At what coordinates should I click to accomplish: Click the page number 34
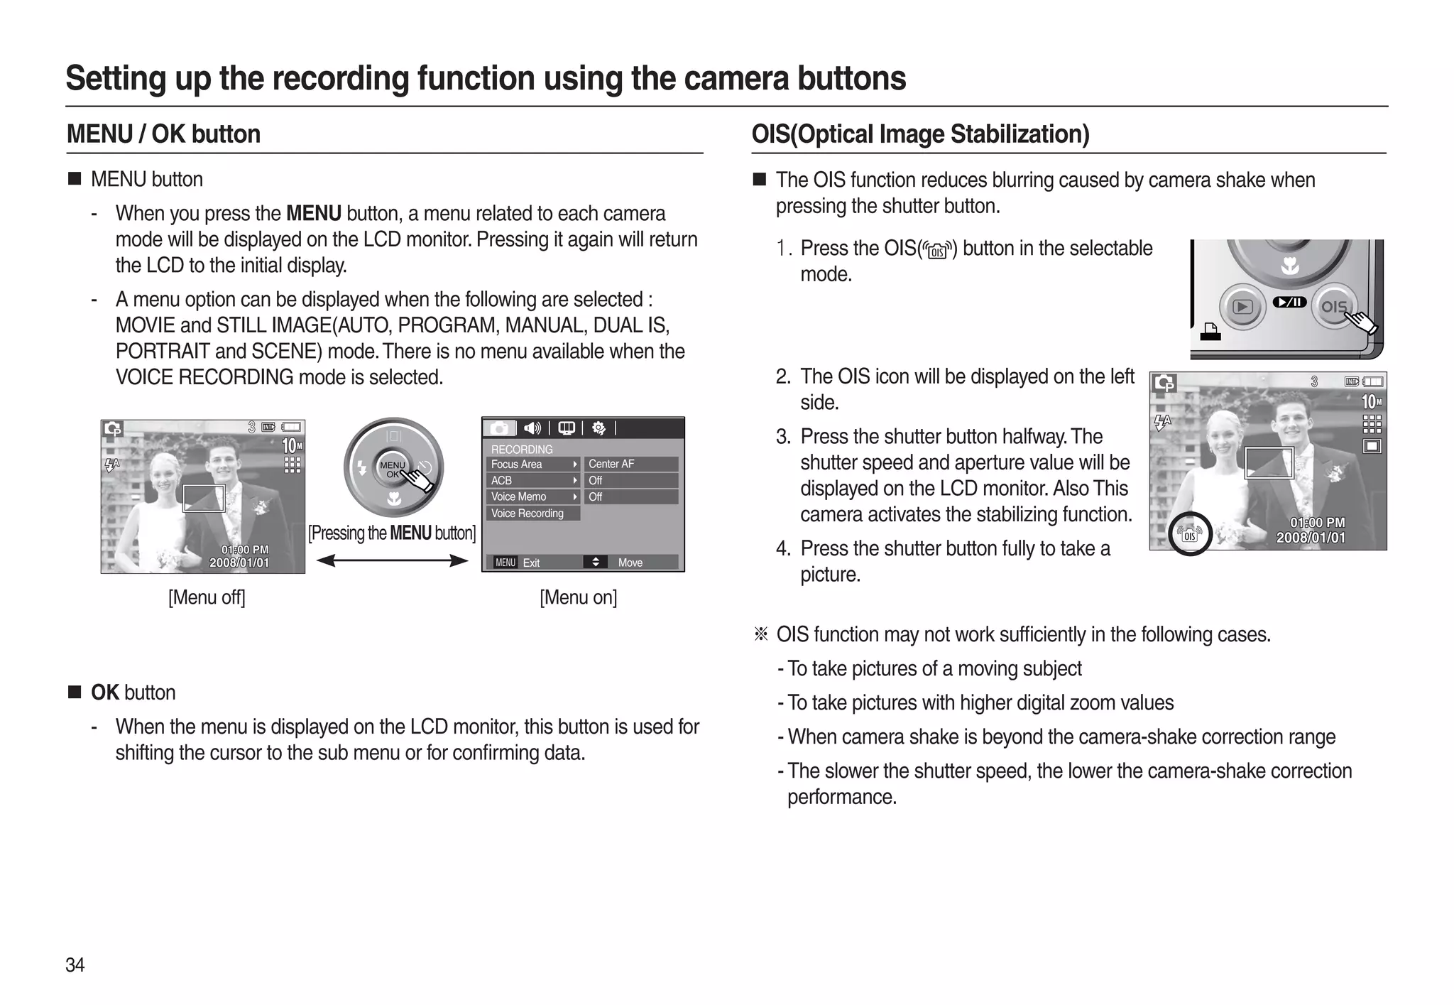[75, 965]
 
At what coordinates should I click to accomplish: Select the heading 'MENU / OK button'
[163, 134]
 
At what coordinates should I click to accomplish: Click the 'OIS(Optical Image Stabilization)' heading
[920, 134]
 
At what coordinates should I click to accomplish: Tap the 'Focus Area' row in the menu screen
[532, 464]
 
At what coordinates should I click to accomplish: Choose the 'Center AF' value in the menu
[630, 464]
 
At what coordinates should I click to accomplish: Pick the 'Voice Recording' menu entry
[532, 513]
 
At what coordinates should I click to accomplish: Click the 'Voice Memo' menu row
[532, 496]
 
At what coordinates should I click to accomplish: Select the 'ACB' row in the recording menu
[532, 480]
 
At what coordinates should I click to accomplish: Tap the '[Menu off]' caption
[207, 597]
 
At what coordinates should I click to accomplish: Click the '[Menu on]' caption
[578, 597]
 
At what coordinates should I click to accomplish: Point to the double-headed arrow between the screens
[392, 561]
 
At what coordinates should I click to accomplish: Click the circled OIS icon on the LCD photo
[1189, 534]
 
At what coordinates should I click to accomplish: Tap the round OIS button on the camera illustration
[1333, 307]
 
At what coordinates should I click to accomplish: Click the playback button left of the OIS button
[1242, 307]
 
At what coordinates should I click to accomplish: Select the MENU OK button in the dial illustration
[392, 469]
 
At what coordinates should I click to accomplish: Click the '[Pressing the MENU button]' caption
[392, 533]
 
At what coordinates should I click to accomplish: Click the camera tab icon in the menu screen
[499, 428]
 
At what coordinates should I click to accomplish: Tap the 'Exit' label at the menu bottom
[531, 563]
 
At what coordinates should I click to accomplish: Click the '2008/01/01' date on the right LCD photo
[1311, 538]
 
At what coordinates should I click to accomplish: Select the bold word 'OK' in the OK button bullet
[105, 692]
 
